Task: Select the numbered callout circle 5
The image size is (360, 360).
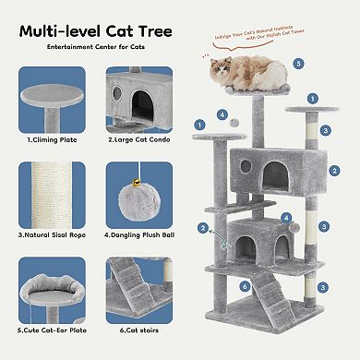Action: [298, 64]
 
